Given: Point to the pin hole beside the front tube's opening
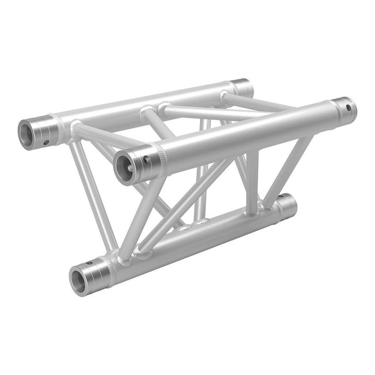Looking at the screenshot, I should tap(148, 160).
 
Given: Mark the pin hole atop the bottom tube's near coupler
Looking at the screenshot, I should tap(90, 263).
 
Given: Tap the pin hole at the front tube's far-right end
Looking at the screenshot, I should tap(350, 108).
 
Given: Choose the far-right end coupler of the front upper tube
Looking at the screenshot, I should tap(344, 110).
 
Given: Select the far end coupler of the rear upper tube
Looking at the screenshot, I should tap(242, 88).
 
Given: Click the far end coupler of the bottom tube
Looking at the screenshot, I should tap(287, 206).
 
